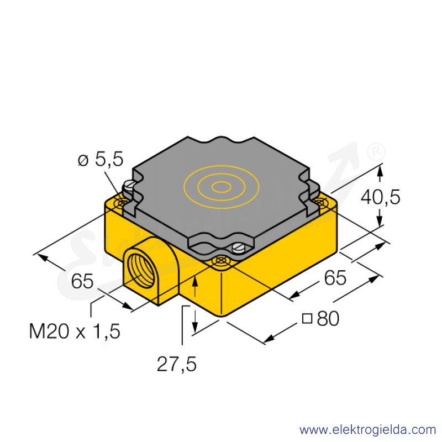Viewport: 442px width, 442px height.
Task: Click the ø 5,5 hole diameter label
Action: click(101, 160)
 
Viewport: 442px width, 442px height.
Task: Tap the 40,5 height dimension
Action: click(381, 197)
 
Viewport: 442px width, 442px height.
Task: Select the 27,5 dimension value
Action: click(176, 364)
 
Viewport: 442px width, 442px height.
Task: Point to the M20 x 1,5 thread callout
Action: click(75, 331)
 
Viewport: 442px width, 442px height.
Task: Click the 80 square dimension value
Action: click(328, 319)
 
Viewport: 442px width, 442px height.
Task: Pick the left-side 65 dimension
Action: click(82, 281)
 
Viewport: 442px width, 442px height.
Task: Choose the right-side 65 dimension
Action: click(335, 278)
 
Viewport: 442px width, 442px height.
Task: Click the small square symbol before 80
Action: click(307, 318)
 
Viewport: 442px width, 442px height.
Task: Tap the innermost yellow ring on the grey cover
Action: click(222, 187)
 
